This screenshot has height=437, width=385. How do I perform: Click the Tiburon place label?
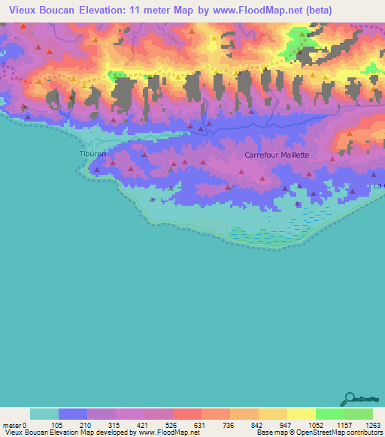(92, 154)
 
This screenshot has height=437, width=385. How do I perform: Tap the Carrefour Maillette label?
(277, 155)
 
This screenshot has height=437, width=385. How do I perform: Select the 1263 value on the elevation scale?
(364, 424)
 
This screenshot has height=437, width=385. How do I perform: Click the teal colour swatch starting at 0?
(44, 414)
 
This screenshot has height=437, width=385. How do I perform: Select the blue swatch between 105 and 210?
(73, 414)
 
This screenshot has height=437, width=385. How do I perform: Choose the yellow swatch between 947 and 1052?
(302, 414)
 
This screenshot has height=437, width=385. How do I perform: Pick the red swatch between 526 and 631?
(187, 414)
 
